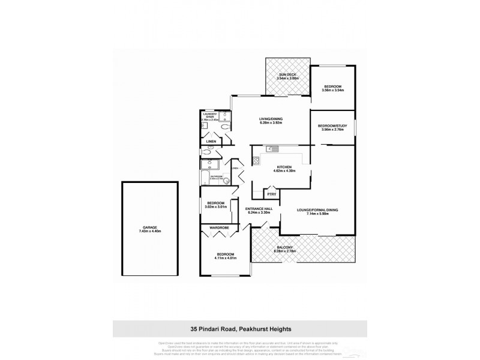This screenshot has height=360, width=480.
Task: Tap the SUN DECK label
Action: pos(287,74)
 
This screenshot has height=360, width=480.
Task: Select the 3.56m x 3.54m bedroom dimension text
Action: pos(332,90)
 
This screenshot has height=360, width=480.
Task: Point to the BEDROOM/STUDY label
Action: pos(332,125)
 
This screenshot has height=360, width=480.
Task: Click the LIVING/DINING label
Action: pos(271,119)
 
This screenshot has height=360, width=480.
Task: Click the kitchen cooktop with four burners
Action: pos(256,160)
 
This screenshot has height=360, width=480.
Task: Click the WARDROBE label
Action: pos(220,228)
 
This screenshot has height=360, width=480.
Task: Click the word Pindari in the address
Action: pos(218,329)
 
